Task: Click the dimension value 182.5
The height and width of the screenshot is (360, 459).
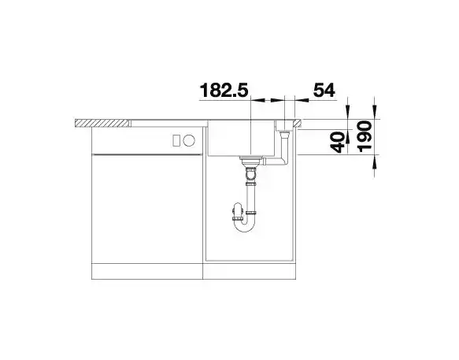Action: [224, 90]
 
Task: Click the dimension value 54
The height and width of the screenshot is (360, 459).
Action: [324, 90]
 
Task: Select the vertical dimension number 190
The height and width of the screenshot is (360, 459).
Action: [365, 136]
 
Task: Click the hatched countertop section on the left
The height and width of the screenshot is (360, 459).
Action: [102, 123]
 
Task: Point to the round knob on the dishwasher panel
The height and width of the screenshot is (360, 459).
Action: [189, 140]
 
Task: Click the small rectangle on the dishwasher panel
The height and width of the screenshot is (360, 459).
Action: [176, 140]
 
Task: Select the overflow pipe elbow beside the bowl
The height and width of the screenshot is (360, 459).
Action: [283, 150]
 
